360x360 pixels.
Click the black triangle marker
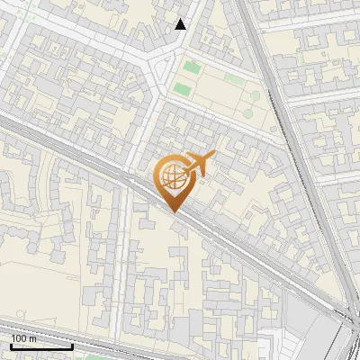click(x=181, y=24)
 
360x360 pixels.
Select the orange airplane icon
click(x=199, y=164)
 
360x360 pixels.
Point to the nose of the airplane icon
click(x=214, y=156)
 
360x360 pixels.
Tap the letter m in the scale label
click(x=33, y=338)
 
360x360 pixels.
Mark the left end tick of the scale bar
click(x=11, y=346)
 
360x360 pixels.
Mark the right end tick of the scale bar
click(x=72, y=346)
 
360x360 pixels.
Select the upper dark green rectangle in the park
click(x=190, y=67)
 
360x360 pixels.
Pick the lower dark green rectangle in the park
click(x=183, y=89)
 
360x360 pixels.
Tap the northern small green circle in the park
click(x=255, y=95)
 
